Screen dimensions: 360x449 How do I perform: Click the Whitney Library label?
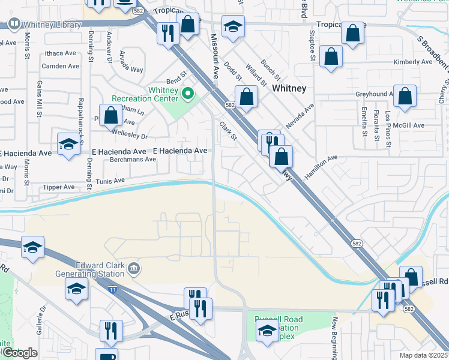(52, 25)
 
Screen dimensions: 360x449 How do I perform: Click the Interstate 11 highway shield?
(113, 289)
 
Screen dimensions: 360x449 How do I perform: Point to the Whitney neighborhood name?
(289, 88)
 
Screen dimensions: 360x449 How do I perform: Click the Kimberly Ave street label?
(412, 62)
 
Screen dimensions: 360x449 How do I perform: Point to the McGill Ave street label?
(409, 125)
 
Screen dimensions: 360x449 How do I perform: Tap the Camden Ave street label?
(61, 66)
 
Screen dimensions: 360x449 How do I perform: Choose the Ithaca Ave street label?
(59, 53)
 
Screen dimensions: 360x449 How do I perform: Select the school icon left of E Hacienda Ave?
(68, 143)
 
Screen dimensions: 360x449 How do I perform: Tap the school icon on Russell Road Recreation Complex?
(268, 330)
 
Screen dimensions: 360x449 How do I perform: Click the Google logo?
(20, 353)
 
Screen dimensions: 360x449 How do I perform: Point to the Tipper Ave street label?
(58, 187)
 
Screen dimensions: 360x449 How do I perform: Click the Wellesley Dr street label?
(128, 136)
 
